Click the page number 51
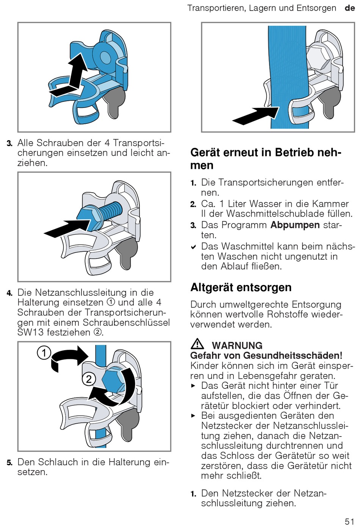pos(349,521)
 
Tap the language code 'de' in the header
pos(349,8)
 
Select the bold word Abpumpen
pos(295,225)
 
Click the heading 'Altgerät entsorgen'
pos(241,287)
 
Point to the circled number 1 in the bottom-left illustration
pos(44,353)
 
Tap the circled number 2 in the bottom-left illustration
pos(89,379)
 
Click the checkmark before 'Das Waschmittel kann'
pos(194,247)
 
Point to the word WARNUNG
pos(237,345)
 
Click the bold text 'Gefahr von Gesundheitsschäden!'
pos(266,355)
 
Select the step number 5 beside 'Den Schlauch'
pos(9,463)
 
